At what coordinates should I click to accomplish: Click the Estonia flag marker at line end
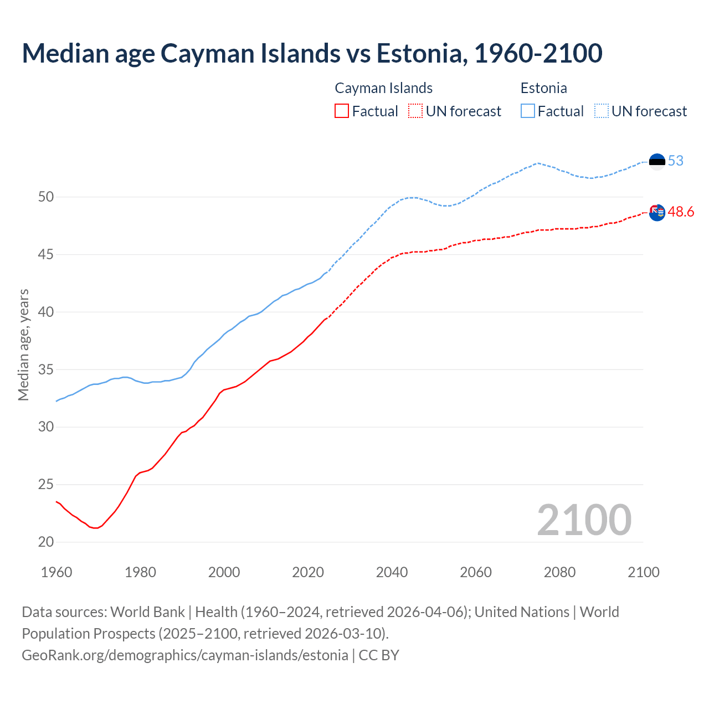point(657,162)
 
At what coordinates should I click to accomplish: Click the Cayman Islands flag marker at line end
point(657,212)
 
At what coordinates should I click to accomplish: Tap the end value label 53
point(676,161)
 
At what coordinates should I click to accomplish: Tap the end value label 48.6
point(681,212)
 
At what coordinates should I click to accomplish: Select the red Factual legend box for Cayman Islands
point(342,111)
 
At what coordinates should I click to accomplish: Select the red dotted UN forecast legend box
point(415,111)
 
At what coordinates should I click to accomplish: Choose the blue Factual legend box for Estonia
point(528,111)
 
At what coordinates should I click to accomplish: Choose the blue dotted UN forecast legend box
point(602,111)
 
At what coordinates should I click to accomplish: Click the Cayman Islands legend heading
point(383,88)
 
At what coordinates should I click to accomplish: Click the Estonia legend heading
point(543,88)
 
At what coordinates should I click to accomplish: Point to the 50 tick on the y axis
point(46,197)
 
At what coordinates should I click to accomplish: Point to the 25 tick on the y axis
point(46,485)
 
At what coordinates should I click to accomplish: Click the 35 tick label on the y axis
point(46,369)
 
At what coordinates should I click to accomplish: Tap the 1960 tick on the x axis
point(56,572)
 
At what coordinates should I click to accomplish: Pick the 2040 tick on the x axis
point(392,572)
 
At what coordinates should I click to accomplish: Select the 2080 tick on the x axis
point(559,572)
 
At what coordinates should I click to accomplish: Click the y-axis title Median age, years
point(23,345)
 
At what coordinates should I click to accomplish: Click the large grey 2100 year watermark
point(584,520)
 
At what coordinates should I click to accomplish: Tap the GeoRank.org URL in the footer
point(185,655)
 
